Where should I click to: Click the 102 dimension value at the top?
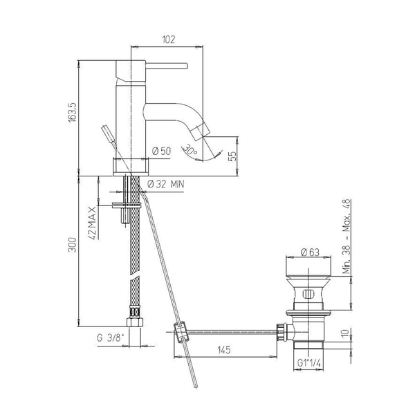pyautogui.click(x=169, y=39)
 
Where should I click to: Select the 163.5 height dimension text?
pyautogui.click(x=73, y=113)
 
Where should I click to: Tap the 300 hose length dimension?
pyautogui.click(x=73, y=245)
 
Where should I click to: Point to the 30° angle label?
pyautogui.click(x=191, y=150)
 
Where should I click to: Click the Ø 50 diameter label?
pyautogui.click(x=162, y=151)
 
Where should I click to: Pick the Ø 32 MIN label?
pyautogui.click(x=166, y=184)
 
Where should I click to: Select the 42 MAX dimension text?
pyautogui.click(x=93, y=223)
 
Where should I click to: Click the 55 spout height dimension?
pyautogui.click(x=232, y=156)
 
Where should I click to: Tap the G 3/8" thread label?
pyautogui.click(x=111, y=338)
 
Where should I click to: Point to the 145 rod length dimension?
pyautogui.click(x=224, y=350)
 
